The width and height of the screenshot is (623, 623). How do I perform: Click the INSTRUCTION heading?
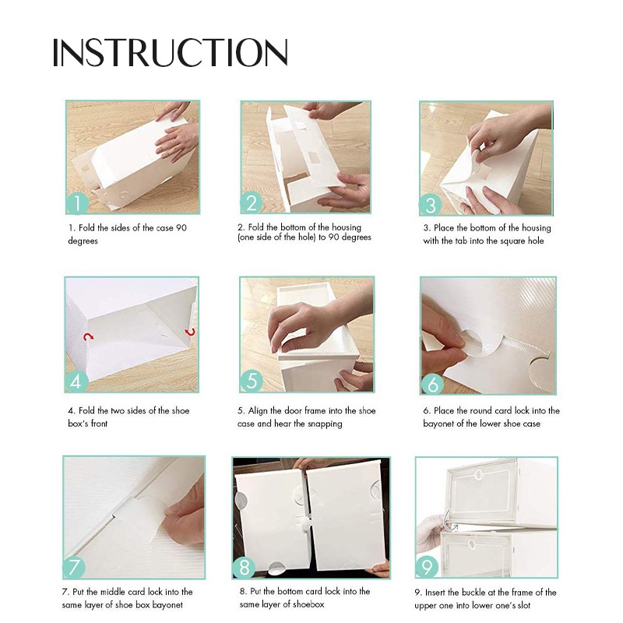tap(170, 52)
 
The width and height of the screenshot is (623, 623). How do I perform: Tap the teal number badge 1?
tap(77, 202)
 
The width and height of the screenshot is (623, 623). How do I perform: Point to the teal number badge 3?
tap(431, 205)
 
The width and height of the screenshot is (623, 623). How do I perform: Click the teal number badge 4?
tap(76, 382)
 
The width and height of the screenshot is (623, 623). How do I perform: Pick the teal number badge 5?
tap(251, 381)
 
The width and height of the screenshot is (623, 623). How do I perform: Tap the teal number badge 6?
tap(432, 384)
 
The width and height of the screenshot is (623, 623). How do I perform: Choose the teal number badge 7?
tap(74, 567)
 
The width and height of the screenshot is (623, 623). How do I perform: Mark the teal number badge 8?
tap(244, 567)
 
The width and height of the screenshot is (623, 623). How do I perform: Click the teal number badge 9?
tap(427, 567)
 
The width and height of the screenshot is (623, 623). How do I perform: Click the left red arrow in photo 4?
tap(88, 337)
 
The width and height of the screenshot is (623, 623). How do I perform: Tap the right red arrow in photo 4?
tap(191, 332)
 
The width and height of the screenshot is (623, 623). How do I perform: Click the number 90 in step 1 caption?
tap(181, 227)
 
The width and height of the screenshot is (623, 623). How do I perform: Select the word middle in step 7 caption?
tap(113, 592)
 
